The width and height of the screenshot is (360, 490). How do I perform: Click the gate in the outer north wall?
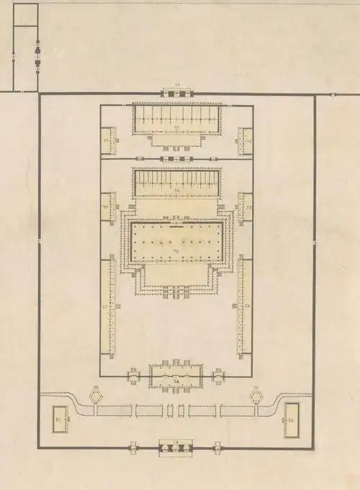coord(176,92)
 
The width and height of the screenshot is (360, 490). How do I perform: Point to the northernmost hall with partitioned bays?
coord(176,119)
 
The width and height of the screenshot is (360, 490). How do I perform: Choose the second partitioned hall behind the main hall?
coord(176,183)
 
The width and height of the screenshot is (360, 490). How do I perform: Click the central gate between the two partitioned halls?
coord(176,158)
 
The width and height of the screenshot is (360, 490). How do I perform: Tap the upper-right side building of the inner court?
coord(245,140)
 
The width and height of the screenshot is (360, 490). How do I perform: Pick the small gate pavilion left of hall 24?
coord(135,375)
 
